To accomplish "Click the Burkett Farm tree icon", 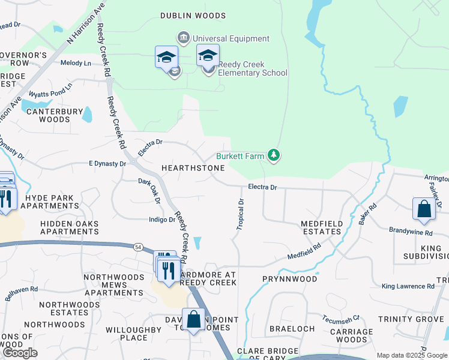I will pos(274,156).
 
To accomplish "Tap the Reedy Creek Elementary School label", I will pos(252,69).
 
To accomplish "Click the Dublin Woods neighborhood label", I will pos(193,16).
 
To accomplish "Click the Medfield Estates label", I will pos(321,227).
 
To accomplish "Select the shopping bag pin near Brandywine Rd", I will pos(424,209).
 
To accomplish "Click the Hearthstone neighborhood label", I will pos(192,169).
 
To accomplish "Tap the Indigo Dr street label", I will pos(161,220).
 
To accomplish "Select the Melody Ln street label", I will pos(76,63).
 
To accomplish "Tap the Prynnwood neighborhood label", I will pos(289,279).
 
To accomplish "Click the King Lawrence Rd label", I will pos(408,286).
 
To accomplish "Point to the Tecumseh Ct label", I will pos(340,319).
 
